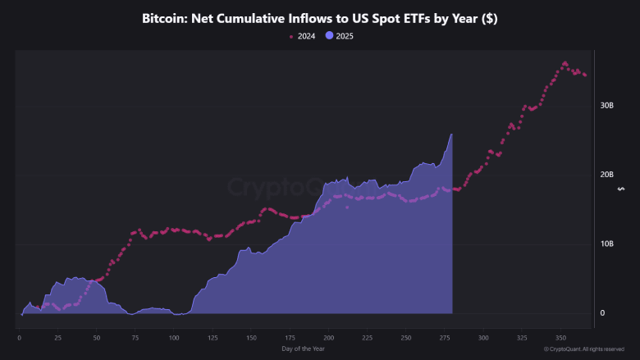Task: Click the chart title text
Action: [x=319, y=18]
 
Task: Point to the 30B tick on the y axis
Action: [x=606, y=106]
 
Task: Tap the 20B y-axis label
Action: [x=606, y=175]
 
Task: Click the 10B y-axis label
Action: [x=606, y=244]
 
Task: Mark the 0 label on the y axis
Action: [x=602, y=312]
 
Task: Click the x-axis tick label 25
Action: [x=57, y=337]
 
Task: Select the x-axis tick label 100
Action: [x=173, y=337]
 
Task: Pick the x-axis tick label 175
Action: [x=290, y=337]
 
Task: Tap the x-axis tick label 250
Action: [x=405, y=337]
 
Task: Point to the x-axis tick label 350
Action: [x=560, y=337]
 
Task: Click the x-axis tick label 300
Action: [x=483, y=337]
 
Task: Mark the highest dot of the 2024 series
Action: [x=565, y=62]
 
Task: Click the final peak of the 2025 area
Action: [x=451, y=134]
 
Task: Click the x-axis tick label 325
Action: [x=522, y=337]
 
